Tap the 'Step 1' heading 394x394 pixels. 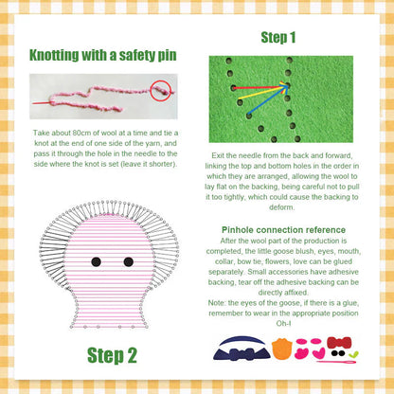pyautogui.click(x=278, y=39)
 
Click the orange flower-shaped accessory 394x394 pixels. pyautogui.click(x=281, y=348)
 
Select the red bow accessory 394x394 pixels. pyautogui.click(x=338, y=343)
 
